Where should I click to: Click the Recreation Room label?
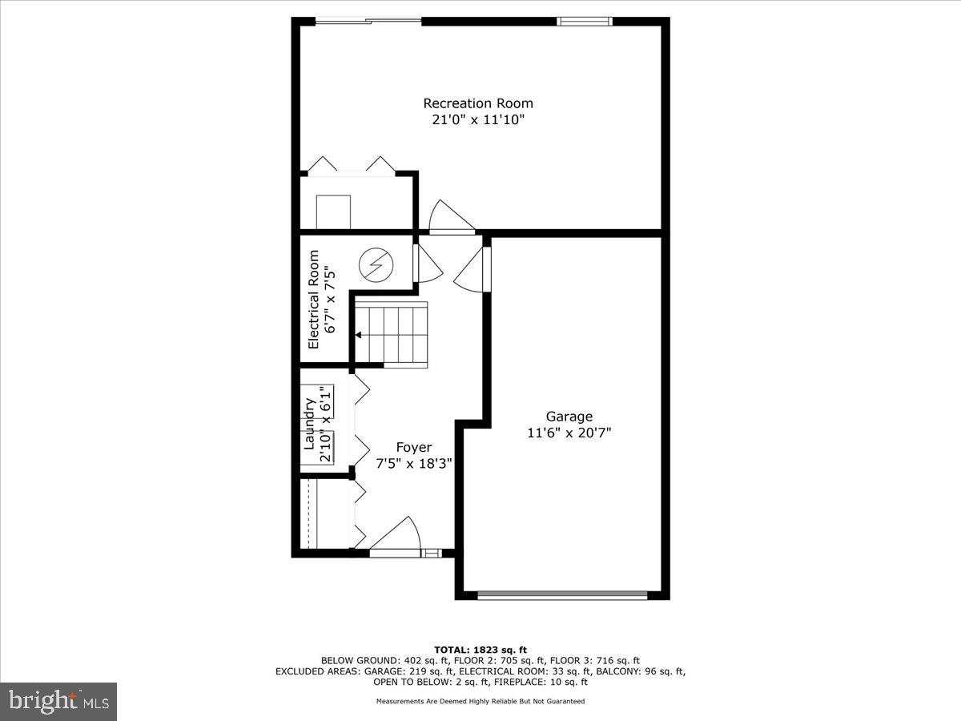(478, 103)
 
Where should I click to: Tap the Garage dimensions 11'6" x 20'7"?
(569, 433)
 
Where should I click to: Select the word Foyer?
(414, 447)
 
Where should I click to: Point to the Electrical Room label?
(313, 300)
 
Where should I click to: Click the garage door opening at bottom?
(562, 595)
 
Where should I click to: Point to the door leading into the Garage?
(472, 271)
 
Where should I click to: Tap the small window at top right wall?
(585, 22)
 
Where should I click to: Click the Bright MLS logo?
(58, 701)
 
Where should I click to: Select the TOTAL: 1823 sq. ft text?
(480, 650)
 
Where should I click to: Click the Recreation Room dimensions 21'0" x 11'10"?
(478, 120)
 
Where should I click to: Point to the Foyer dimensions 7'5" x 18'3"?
(414, 463)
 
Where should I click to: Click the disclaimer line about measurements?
(480, 701)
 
